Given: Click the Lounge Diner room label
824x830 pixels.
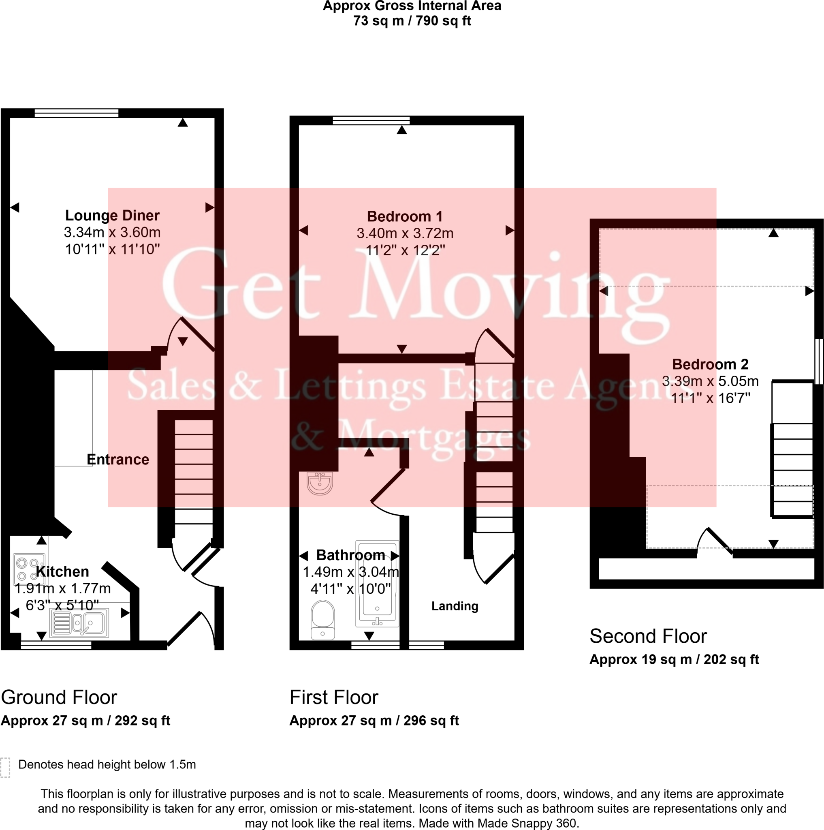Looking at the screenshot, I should click(112, 215).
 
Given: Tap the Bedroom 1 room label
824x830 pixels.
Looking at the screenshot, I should click(404, 216).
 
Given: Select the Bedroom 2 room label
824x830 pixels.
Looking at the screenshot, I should click(710, 364).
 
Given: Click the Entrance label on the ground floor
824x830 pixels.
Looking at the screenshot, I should click(117, 459).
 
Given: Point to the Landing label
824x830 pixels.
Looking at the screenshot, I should click(454, 606).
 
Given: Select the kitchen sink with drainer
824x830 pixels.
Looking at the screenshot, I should click(79, 623).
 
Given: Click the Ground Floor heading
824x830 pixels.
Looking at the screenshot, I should click(59, 697).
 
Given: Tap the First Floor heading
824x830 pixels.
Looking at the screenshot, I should click(334, 697).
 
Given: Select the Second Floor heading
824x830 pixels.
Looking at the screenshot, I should click(648, 636).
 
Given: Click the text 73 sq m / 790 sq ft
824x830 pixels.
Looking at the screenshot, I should click(412, 21).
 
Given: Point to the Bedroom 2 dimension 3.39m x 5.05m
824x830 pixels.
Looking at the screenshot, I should click(710, 381).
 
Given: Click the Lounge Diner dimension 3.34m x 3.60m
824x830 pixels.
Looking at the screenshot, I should click(112, 232).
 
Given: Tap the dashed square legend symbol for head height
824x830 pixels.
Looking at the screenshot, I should click(5, 767).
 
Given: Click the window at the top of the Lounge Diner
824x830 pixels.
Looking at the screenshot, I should click(77, 113).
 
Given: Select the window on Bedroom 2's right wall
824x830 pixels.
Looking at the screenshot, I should click(819, 361).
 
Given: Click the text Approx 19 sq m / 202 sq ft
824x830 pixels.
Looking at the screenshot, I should click(674, 659).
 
